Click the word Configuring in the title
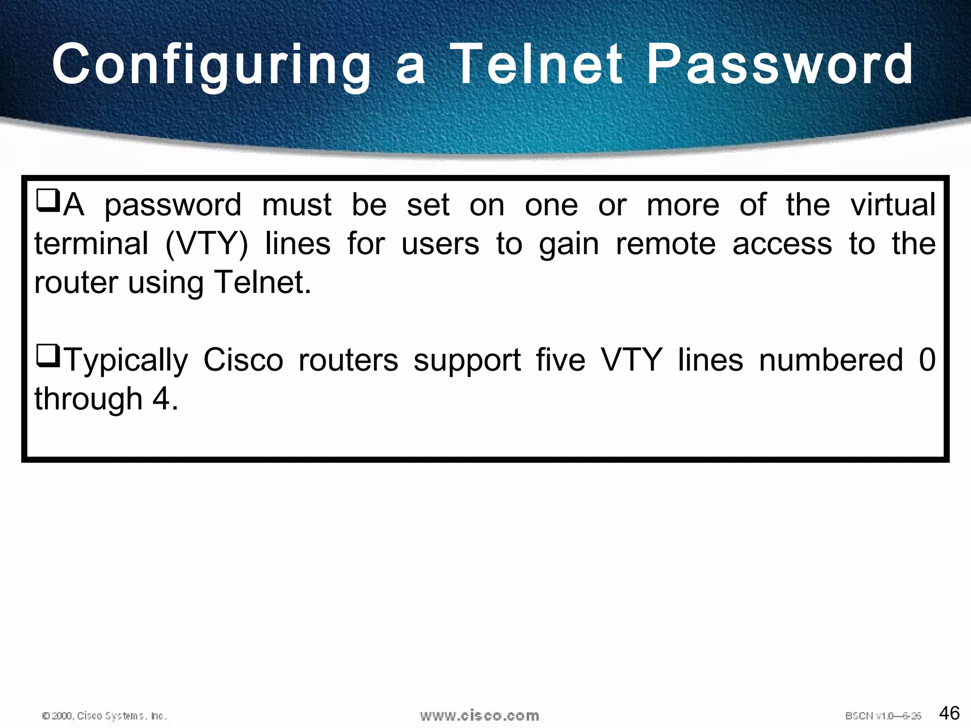coord(211,65)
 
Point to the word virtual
coord(892,205)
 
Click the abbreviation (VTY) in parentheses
coord(206,245)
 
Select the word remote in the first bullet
coord(665,244)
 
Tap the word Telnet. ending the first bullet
coord(262,282)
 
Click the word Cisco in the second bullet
coord(243,360)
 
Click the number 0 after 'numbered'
coord(927,360)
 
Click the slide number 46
coord(949,713)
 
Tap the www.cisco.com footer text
coord(479,715)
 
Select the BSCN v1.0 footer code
coord(883,716)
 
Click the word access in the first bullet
coord(782,244)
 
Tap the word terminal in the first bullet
coord(92,244)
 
